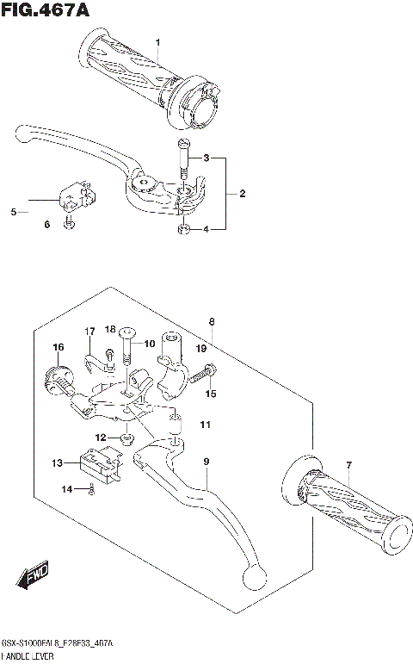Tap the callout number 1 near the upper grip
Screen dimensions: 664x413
(157, 42)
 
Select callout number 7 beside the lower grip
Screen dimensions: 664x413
(349, 466)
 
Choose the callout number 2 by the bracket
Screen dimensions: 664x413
(243, 194)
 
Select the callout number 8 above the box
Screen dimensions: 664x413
(211, 321)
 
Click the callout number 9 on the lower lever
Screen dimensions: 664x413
(206, 462)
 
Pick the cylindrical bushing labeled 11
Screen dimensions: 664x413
(176, 423)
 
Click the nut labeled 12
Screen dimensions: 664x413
(126, 438)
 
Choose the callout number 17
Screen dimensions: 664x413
(89, 332)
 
